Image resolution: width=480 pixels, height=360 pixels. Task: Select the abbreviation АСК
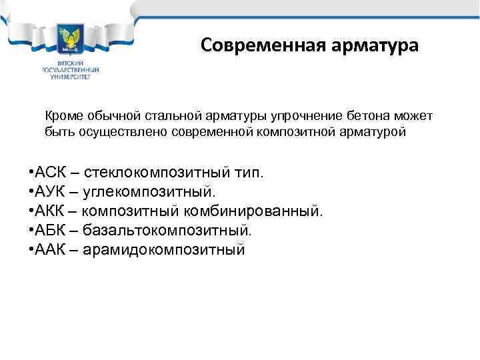45,173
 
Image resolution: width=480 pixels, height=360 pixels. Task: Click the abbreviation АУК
45,193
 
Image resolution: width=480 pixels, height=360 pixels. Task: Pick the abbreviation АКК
45,212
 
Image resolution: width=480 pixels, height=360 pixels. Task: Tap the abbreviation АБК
45,231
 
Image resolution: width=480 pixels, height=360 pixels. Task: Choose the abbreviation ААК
45,251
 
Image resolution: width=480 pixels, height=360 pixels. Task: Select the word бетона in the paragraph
358,116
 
